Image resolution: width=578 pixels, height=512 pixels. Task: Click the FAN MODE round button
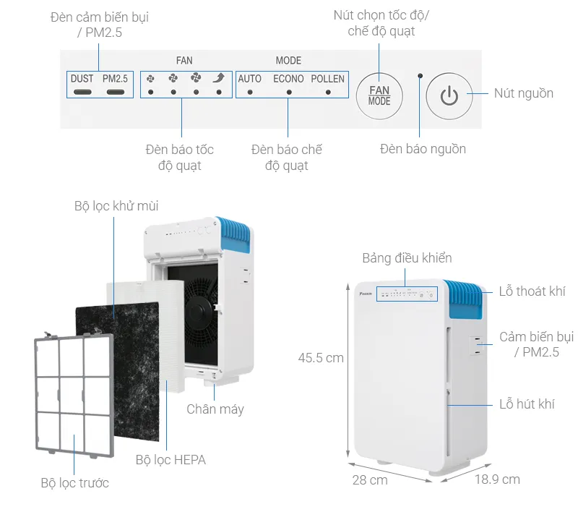pyautogui.click(x=379, y=95)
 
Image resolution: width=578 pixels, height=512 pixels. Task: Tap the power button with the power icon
pyautogui.click(x=449, y=95)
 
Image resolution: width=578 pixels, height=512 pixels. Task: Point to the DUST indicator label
pyautogui.click(x=82, y=78)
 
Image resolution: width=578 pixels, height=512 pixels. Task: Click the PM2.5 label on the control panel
pyautogui.click(x=115, y=78)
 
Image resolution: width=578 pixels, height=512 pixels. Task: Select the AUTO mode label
pyautogui.click(x=250, y=78)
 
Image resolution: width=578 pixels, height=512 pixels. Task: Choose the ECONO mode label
pyautogui.click(x=288, y=78)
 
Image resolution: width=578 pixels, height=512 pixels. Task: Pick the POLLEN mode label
pyautogui.click(x=328, y=78)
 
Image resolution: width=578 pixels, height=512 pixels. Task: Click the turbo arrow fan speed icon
pyautogui.click(x=219, y=78)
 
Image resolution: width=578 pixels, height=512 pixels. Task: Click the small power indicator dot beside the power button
pyautogui.click(x=420, y=75)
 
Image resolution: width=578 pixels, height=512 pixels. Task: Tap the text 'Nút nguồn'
pyautogui.click(x=523, y=93)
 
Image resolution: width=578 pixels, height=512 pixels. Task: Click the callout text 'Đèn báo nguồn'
pyautogui.click(x=423, y=149)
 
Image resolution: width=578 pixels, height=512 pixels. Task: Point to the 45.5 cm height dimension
pyautogui.click(x=321, y=357)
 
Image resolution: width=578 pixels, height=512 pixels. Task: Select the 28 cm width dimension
pyautogui.click(x=369, y=480)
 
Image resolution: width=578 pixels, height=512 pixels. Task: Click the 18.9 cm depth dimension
pyautogui.click(x=496, y=479)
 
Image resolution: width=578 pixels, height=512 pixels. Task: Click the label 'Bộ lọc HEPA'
pyautogui.click(x=171, y=459)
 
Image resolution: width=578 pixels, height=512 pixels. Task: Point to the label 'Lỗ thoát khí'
pyautogui.click(x=532, y=291)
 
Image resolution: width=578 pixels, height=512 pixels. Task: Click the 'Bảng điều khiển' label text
pyautogui.click(x=407, y=258)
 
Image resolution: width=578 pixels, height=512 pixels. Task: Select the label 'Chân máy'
pyautogui.click(x=215, y=409)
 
